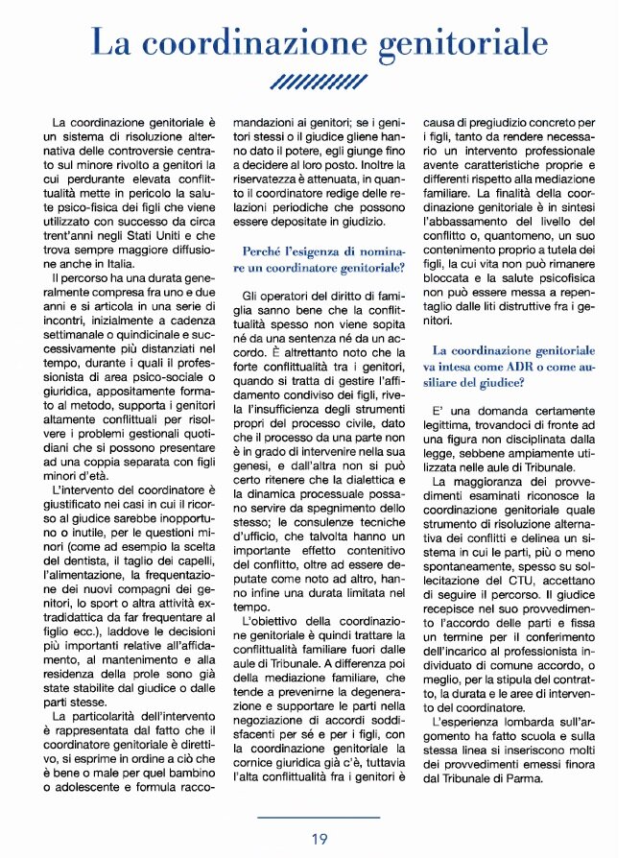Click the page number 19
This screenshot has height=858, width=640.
tap(320, 839)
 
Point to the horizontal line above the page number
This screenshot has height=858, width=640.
tap(320, 818)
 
